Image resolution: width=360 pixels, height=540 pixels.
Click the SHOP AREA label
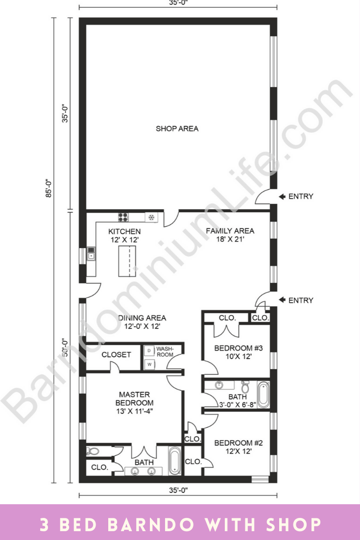(x=177, y=129)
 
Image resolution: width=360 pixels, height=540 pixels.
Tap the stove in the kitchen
(x=123, y=217)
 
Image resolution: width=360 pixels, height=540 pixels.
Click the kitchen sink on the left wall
(x=91, y=253)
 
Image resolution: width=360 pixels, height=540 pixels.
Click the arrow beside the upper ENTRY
(x=282, y=196)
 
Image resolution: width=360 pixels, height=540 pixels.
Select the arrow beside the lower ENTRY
(x=282, y=300)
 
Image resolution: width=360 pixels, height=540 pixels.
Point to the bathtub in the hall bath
(x=263, y=395)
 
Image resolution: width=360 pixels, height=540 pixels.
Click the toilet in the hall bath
(x=245, y=387)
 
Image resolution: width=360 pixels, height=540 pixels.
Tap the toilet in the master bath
(x=93, y=451)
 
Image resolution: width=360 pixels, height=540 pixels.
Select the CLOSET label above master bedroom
(x=116, y=354)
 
